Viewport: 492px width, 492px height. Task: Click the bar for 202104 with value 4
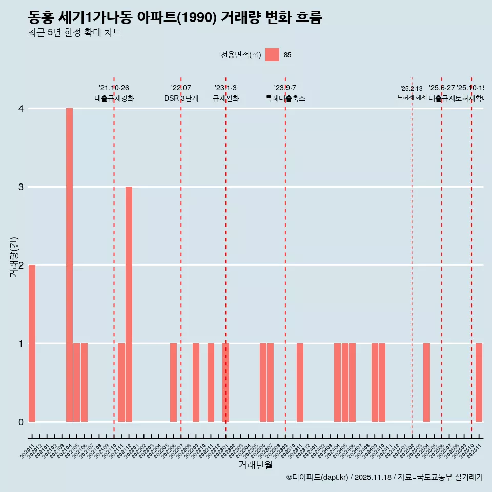point(69,265)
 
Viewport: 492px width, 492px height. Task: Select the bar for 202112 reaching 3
point(129,304)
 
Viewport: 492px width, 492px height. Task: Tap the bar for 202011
point(32,343)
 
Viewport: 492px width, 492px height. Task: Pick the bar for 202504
point(426,382)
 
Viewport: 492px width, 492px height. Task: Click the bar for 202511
point(479,382)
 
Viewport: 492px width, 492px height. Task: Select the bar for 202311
point(300,382)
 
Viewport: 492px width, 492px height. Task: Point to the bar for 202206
point(173,382)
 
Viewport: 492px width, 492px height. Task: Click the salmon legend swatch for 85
point(272,55)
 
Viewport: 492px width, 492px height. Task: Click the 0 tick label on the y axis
point(21,422)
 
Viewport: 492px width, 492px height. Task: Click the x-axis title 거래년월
point(255,465)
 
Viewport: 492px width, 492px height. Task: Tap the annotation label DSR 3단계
point(181,98)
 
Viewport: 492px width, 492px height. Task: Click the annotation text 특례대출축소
point(285,98)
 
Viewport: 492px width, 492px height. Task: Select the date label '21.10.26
point(114,88)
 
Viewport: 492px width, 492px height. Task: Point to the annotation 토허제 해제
point(412,97)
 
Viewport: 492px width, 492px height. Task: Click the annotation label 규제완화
point(225,98)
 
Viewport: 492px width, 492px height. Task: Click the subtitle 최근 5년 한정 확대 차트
point(74,33)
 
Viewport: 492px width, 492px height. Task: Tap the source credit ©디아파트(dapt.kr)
point(317,477)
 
